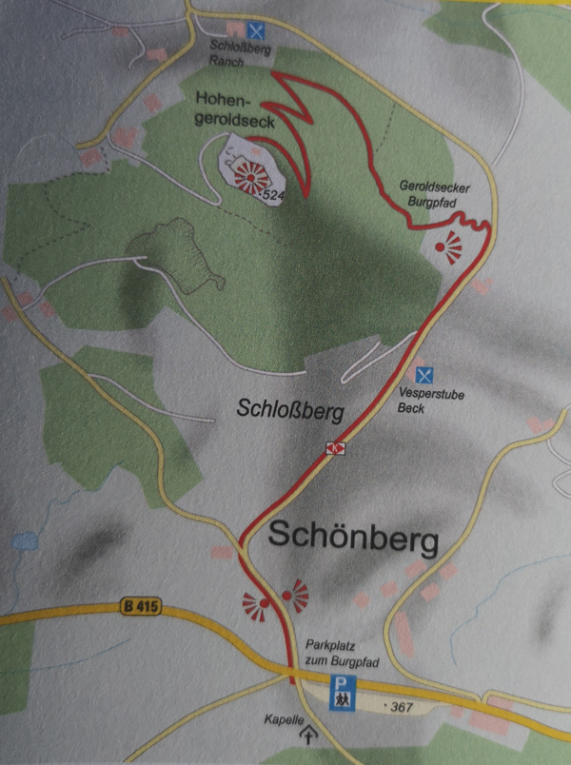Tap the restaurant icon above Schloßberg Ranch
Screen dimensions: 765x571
coord(254,29)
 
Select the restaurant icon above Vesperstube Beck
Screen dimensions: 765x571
coord(426,374)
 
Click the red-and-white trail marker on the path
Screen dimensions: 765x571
coord(334,447)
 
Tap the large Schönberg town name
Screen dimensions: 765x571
coord(353,539)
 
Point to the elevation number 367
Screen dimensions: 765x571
coord(397,707)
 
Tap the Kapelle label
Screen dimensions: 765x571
coord(285,719)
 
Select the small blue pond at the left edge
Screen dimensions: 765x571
coord(23,544)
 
